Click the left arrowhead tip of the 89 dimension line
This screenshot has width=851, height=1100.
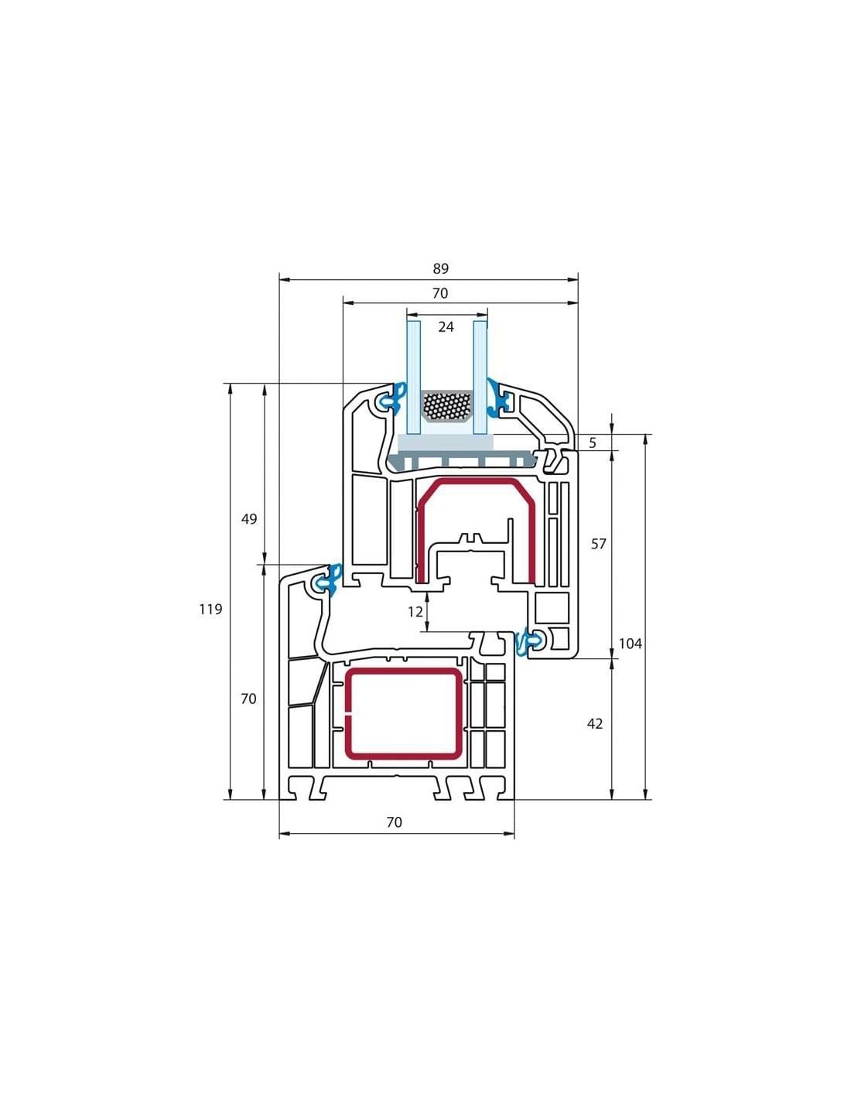280,279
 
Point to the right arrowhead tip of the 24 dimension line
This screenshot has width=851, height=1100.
487,314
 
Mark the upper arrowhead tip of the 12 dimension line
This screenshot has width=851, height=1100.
429,593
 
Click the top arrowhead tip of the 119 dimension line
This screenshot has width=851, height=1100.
231,384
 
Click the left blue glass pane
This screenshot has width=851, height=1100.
414,377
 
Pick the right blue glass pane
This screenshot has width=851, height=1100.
480,377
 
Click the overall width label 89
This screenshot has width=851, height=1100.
440,268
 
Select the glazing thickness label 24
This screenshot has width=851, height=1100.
446,327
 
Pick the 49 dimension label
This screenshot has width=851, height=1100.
248,519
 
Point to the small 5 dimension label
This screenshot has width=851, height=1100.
593,443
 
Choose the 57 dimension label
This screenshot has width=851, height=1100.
598,544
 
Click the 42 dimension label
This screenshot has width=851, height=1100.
595,724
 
